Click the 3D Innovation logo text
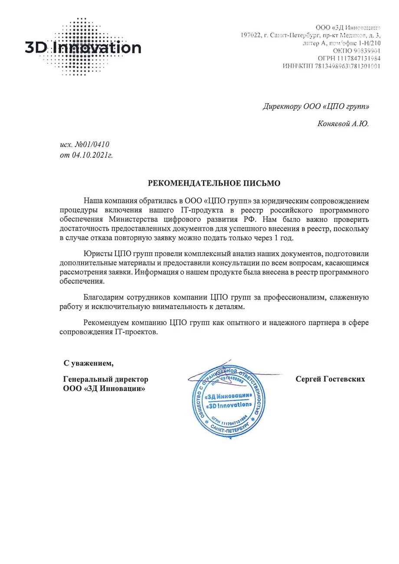pos(83,48)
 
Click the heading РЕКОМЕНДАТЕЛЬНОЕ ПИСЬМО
pos(214,183)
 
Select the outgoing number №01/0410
pos(95,144)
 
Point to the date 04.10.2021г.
pos(92,155)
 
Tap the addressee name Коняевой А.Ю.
pos(343,124)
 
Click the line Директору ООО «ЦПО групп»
pos(316,106)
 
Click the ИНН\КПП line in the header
pos(331,66)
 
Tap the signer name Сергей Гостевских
pos(330,379)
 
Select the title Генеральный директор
pos(105,379)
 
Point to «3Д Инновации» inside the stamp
pos(228,396)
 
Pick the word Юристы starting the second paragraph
pos(98,254)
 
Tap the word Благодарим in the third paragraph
pos(104,297)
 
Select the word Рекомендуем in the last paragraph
pos(107,323)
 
